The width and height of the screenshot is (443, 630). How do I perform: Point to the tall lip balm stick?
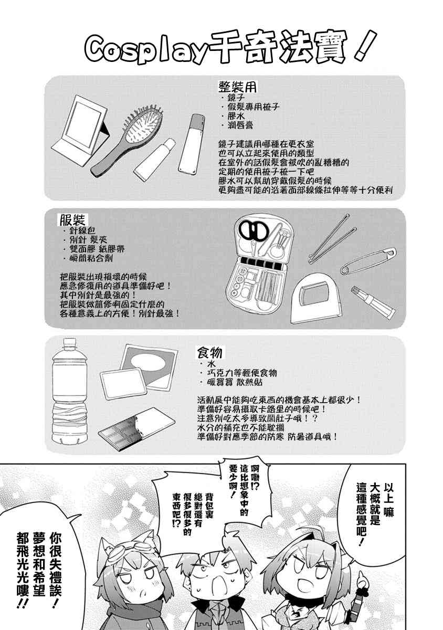click(x=192, y=143)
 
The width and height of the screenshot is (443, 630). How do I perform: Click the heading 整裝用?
click(x=237, y=88)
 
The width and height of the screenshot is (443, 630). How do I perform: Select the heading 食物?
click(x=209, y=353)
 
